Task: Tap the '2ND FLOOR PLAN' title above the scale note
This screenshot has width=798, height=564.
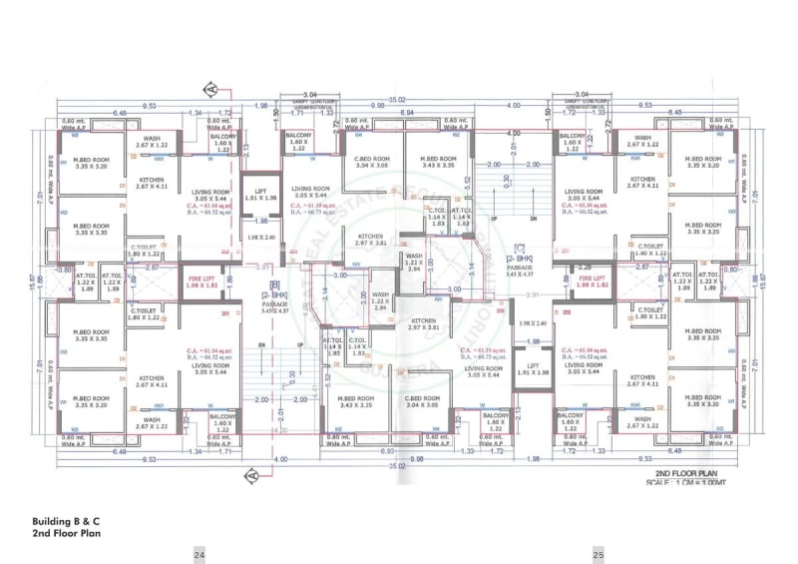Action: tap(685, 473)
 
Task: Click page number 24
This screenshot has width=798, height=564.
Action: tap(199, 555)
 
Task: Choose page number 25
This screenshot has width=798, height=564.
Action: tap(598, 555)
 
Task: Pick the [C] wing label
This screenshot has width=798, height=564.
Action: tap(520, 247)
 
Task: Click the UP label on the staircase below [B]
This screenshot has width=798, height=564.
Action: tap(299, 344)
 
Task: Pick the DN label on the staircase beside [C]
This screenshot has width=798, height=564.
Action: tap(534, 218)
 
